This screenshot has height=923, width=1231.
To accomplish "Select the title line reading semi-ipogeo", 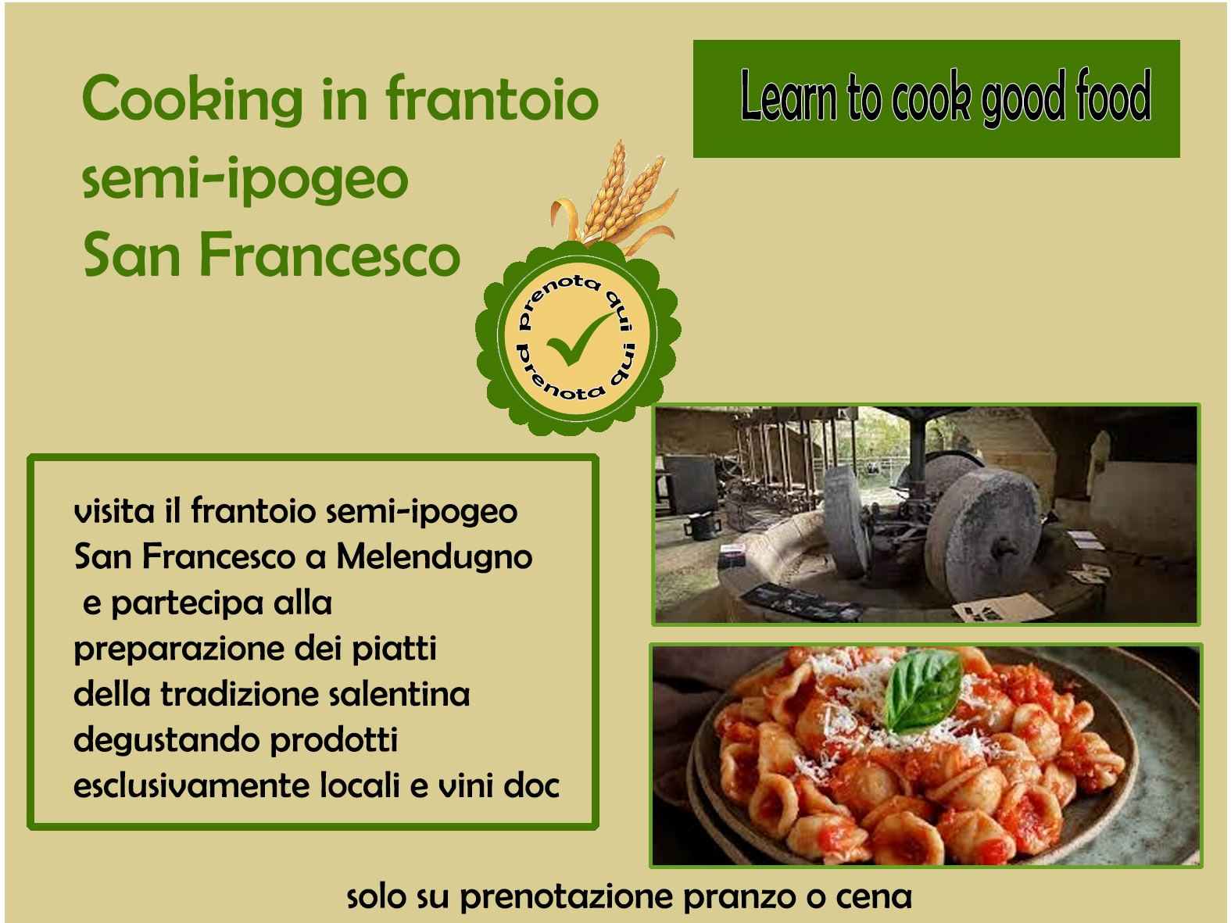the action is [x=245, y=180].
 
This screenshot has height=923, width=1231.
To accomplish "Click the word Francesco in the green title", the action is [x=330, y=255].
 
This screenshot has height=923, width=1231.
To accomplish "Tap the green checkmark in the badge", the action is [x=579, y=338].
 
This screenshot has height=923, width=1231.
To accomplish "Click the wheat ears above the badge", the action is [x=614, y=196].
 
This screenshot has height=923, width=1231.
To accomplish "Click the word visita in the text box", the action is [x=114, y=511].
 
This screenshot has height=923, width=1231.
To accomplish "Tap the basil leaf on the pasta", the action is [x=922, y=690].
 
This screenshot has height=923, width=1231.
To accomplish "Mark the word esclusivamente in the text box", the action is [x=191, y=786].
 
